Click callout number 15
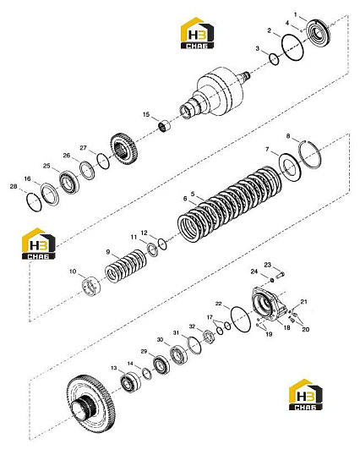click(146, 115)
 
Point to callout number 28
click(14, 187)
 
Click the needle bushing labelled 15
click(165, 126)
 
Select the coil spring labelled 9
click(126, 265)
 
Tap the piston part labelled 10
click(91, 287)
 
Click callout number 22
click(219, 304)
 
